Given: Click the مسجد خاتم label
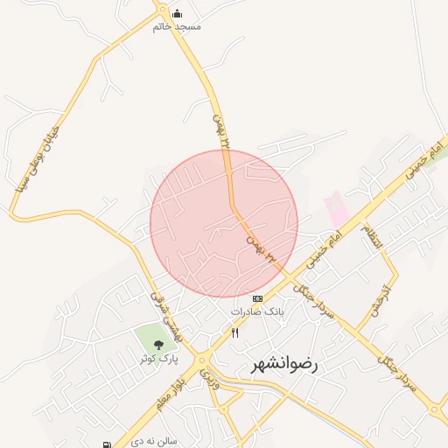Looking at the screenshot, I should coord(177,26).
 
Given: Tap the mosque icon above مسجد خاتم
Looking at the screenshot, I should coord(178,12).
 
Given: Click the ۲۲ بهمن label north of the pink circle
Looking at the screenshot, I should coord(222,129).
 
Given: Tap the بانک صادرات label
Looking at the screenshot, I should coord(257,311).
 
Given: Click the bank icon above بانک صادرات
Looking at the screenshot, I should coord(257,298).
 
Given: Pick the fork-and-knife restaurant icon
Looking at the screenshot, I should coord(234,332).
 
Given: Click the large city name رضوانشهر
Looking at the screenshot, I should coord(285,364).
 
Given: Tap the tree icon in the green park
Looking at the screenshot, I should coord(157,344).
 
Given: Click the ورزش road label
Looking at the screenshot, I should coord(209,377).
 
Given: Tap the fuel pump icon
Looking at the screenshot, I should coord(107,444).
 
